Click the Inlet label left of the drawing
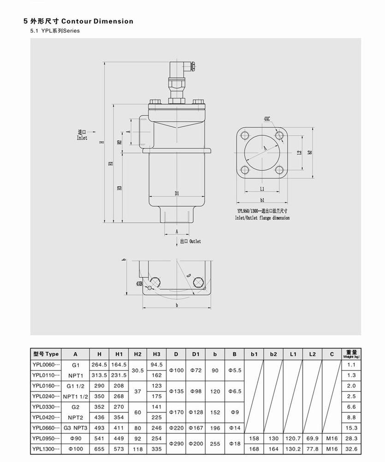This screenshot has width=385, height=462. [82, 135]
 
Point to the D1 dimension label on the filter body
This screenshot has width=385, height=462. [177, 194]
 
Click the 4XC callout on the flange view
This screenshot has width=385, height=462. [267, 119]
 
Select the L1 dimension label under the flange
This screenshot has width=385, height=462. [262, 189]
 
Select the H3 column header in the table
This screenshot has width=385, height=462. [156, 354]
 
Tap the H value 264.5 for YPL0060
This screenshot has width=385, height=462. [99, 365]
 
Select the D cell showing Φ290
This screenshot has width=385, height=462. [176, 443]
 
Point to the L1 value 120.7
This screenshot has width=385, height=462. [293, 438]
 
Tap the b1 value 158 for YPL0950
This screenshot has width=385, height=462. [254, 438]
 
